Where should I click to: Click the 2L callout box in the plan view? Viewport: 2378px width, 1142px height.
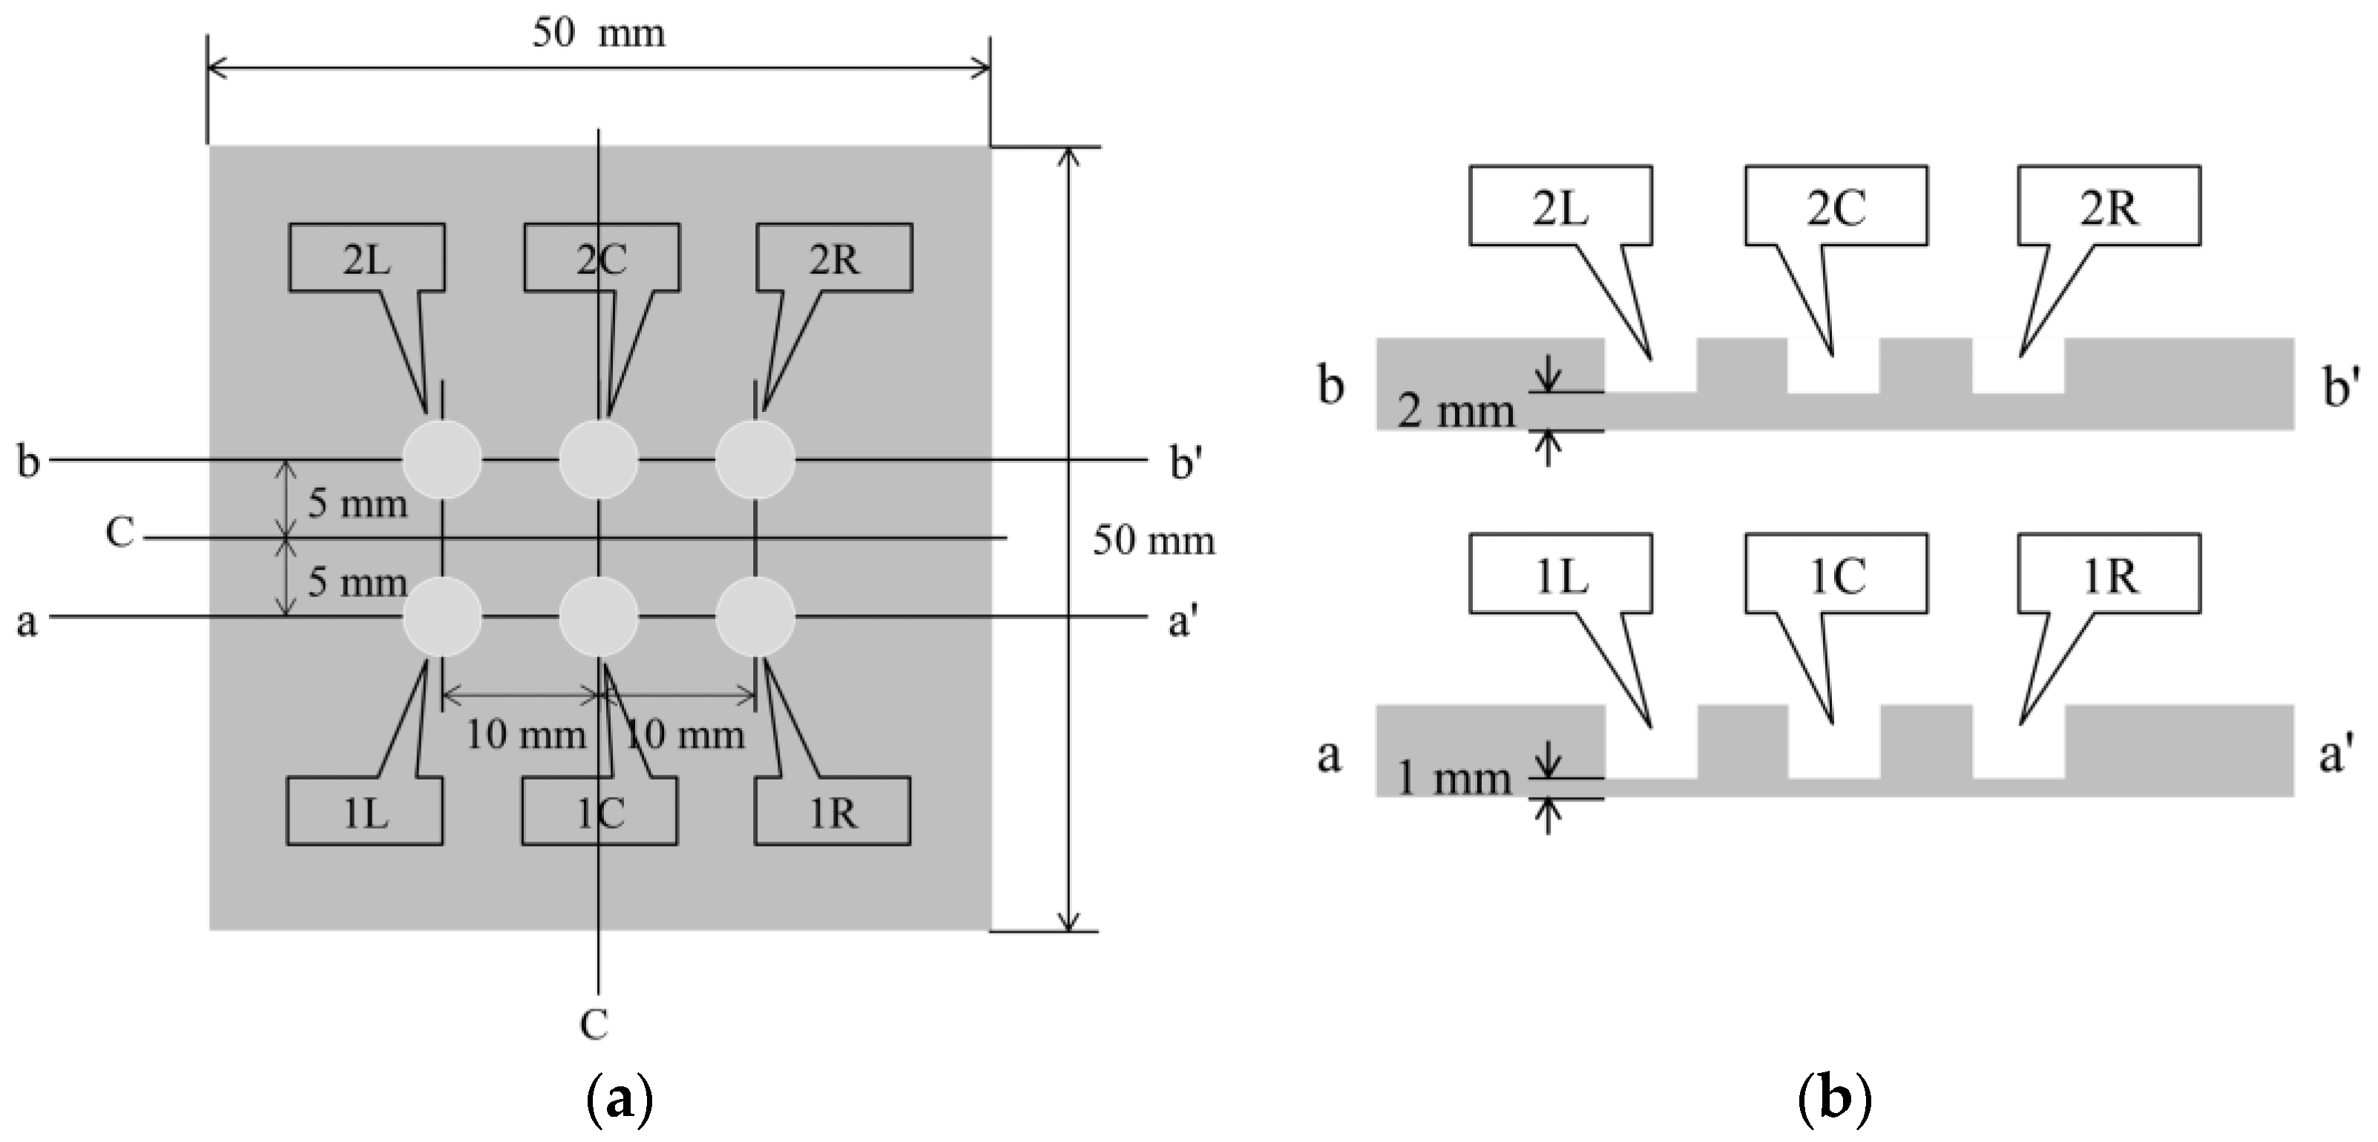click(367, 258)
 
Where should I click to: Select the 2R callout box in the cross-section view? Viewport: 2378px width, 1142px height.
click(2109, 207)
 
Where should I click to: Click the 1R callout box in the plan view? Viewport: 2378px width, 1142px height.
click(832, 812)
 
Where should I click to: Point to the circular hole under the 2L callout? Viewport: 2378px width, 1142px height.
click(442, 459)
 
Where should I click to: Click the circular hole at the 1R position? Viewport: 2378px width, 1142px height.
click(755, 616)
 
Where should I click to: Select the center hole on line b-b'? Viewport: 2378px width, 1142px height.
click(598, 459)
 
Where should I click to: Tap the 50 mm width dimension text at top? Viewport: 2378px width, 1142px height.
click(598, 34)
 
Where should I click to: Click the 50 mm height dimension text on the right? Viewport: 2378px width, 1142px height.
click(1153, 540)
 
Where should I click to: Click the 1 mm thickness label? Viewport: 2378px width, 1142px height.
click(1453, 778)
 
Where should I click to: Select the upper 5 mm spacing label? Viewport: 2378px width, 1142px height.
click(357, 503)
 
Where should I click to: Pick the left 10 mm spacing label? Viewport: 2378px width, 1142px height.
click(525, 735)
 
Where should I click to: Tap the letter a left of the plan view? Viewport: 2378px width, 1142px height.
click(27, 621)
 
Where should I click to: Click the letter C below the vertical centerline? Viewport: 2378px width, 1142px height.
click(594, 1024)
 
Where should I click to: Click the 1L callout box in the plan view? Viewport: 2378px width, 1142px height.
click(366, 812)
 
